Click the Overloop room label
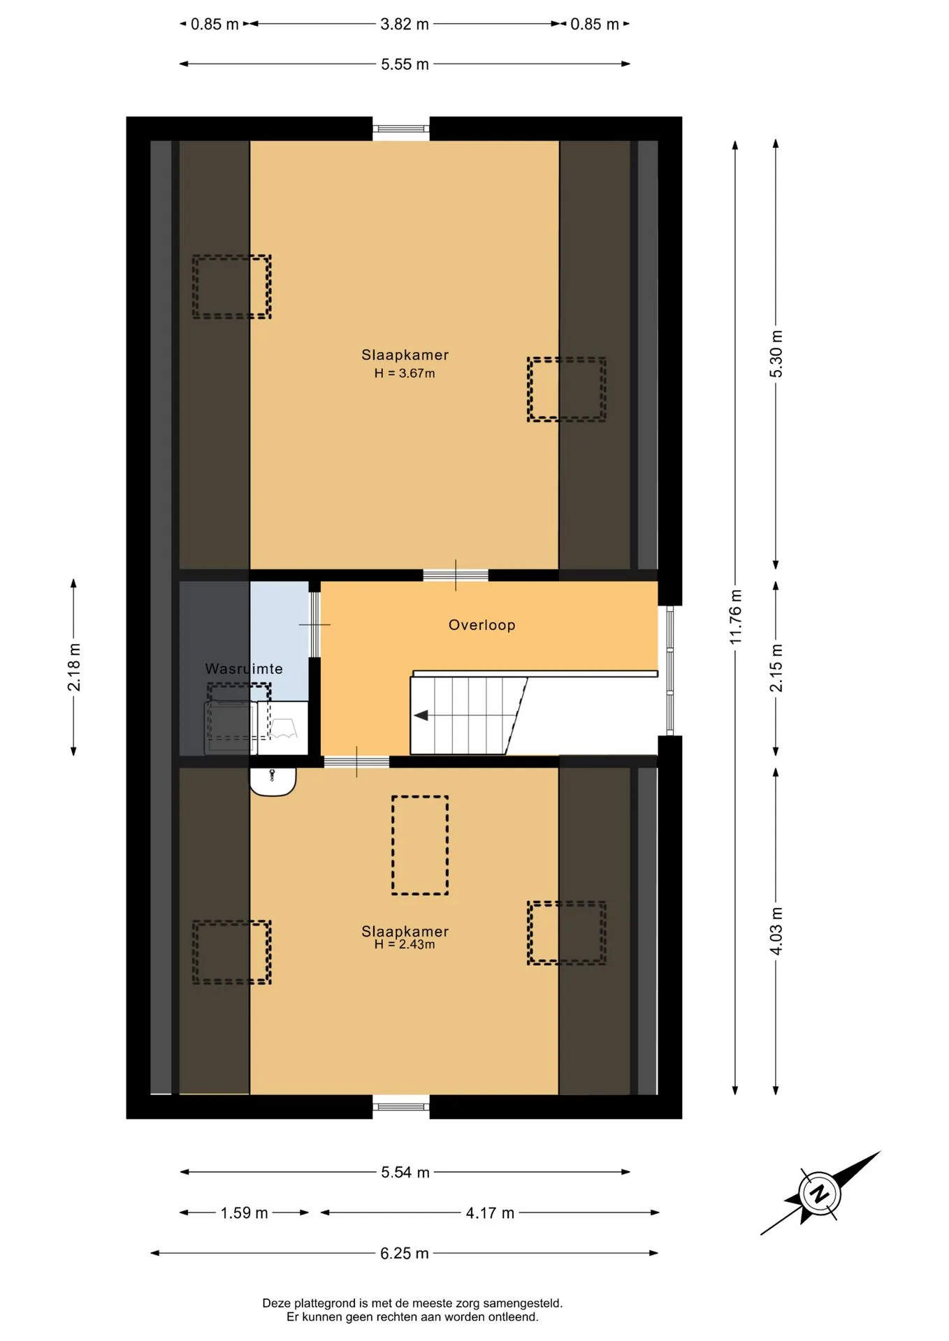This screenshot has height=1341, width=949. coord(481,625)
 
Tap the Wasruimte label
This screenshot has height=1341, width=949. coord(244,668)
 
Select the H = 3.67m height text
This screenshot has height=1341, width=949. coord(405,374)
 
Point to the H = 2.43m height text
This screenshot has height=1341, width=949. coord(405,944)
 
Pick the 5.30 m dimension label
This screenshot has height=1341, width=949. coord(776,354)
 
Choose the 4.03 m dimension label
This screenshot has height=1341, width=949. coord(776,932)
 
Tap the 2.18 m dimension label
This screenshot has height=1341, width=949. coord(74,668)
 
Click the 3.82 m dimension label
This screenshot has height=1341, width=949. coord(405,24)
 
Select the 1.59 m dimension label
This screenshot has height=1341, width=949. coord(245,1212)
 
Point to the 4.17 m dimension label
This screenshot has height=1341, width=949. coord(490,1212)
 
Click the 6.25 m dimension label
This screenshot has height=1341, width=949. coord(405,1253)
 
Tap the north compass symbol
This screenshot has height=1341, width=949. coord(819,1193)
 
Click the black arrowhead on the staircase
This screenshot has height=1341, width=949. coord(421,715)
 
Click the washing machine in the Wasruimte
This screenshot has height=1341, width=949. coord(231,728)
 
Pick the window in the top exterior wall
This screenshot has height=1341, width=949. coord(400,129)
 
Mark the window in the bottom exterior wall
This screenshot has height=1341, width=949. coord(400,1106)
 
